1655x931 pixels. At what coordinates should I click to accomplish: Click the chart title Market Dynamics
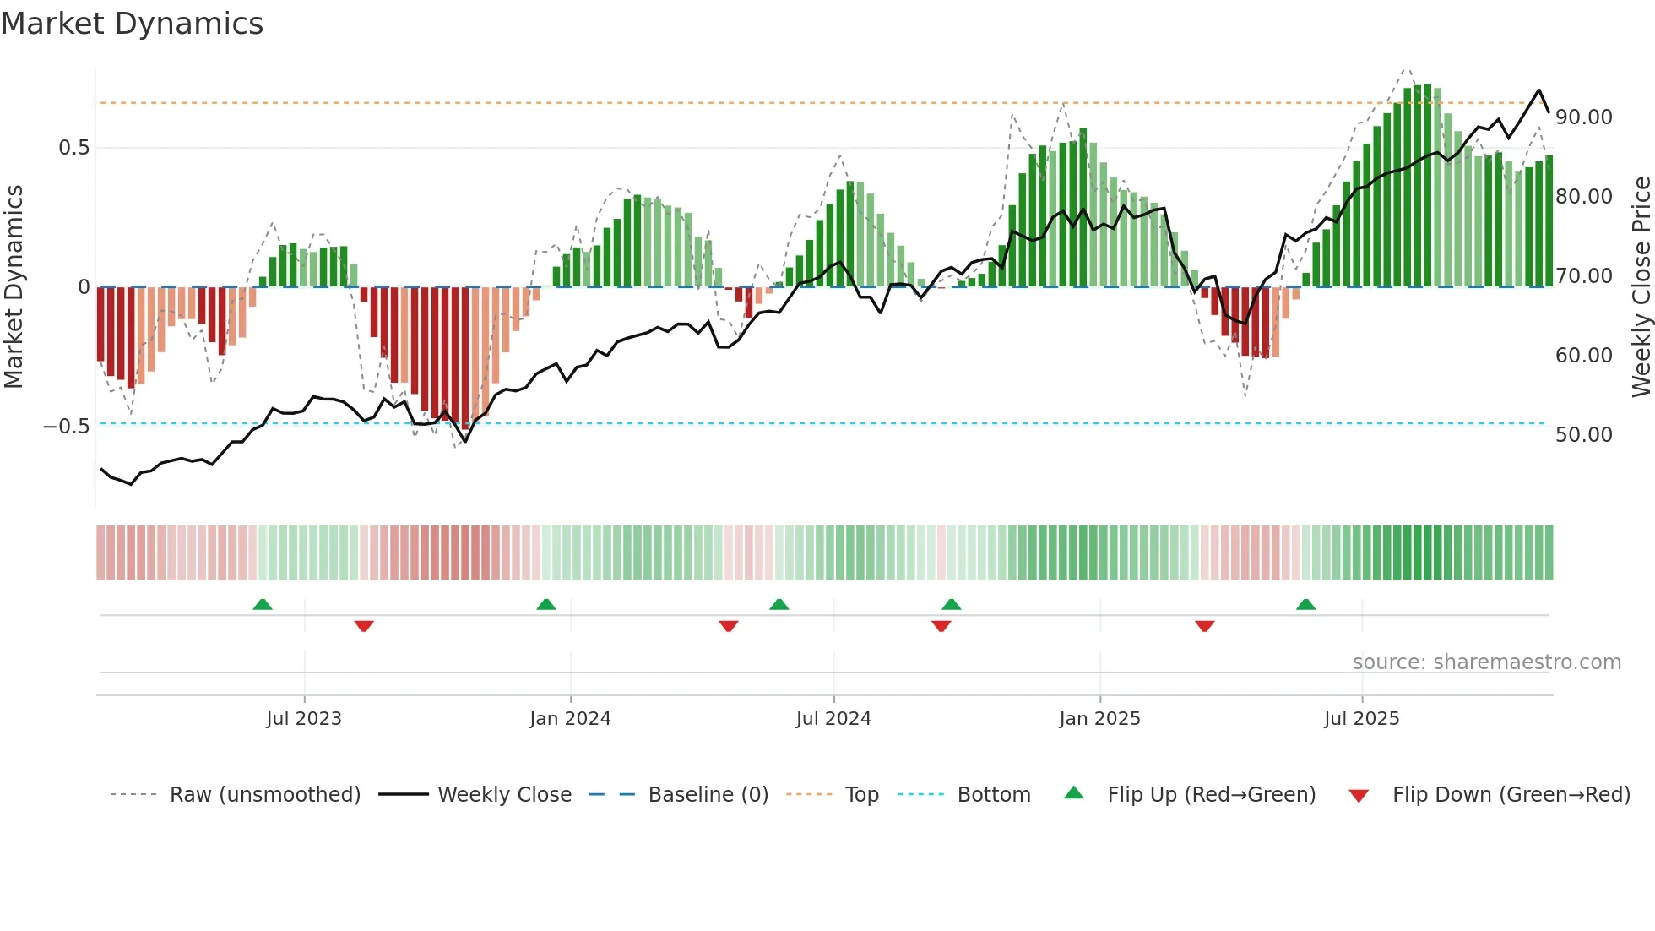tap(132, 24)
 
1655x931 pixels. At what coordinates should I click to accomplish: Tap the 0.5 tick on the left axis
tap(73, 148)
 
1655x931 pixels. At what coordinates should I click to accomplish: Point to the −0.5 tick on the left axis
tap(67, 427)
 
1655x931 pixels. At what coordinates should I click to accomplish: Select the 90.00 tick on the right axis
tap(1583, 117)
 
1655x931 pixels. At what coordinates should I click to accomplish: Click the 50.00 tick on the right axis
tap(1583, 435)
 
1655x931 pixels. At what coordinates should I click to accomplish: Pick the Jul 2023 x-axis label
tap(304, 719)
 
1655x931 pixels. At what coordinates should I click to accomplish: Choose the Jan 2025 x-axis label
tap(1099, 719)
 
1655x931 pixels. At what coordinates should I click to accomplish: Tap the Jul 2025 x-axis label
tap(1361, 719)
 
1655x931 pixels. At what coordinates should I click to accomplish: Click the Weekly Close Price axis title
tap(1641, 286)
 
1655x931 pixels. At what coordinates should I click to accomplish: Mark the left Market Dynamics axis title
tap(14, 286)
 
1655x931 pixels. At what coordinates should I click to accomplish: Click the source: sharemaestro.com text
tap(1486, 662)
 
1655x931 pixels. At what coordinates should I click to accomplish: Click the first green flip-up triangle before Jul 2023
tap(263, 604)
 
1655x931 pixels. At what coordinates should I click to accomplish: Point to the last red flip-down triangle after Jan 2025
tap(1204, 626)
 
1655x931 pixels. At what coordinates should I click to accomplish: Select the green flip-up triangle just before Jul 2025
tap(1305, 604)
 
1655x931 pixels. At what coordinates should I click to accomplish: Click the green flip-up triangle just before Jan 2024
tap(546, 604)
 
